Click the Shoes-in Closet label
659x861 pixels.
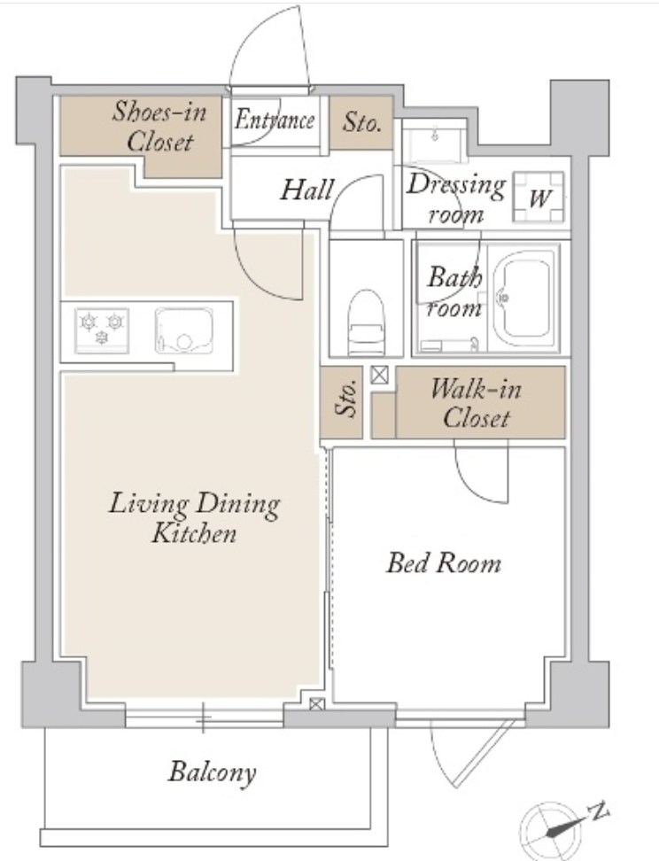coord(159,127)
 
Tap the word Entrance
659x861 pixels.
coord(275,120)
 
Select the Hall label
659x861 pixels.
coord(307,190)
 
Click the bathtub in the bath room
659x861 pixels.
coord(522,300)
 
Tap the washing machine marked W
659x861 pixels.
coord(539,198)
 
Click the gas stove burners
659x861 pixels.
coord(102,330)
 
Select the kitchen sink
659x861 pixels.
coord(183,330)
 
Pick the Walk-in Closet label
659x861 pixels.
coord(476,404)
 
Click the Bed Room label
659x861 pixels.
coord(444,563)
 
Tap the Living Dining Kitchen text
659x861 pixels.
coord(194,518)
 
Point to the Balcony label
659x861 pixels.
coord(212,772)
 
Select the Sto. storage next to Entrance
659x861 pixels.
coord(361,122)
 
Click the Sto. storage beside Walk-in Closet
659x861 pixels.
coord(342,402)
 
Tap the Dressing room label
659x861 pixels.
coord(455,198)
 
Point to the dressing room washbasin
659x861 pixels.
coord(436,142)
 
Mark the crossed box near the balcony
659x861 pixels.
coord(317,704)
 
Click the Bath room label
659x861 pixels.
coord(454,292)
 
